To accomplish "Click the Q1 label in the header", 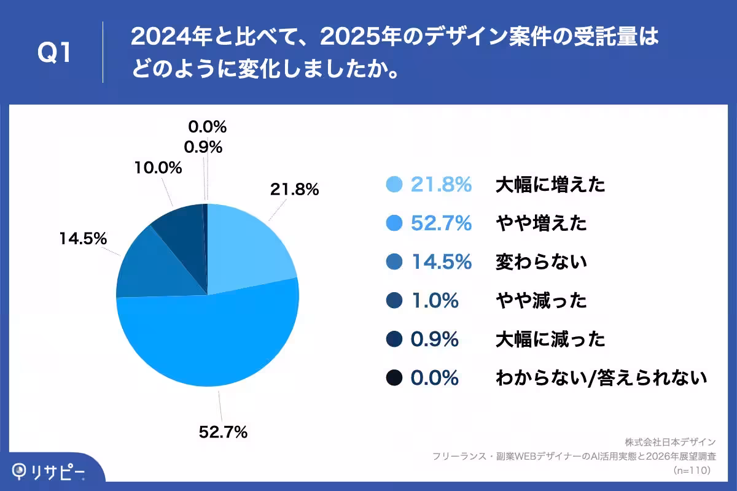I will tap(55, 53).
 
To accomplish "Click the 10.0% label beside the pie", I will tap(159, 168).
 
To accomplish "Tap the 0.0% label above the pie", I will tap(207, 127).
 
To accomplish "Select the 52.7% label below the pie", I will tap(223, 432).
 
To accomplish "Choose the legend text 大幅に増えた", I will tap(550, 184).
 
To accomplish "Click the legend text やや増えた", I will tap(541, 223).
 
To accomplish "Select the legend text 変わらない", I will tap(541, 262).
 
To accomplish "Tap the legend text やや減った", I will tap(541, 301).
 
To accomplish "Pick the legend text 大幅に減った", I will tap(550, 339).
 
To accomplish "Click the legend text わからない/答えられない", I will tap(601, 378).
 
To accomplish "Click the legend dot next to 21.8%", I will tap(394, 184).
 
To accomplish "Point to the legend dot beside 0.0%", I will tap(394, 378).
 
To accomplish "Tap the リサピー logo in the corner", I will tap(49, 471).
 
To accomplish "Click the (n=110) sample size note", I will tap(692, 471).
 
